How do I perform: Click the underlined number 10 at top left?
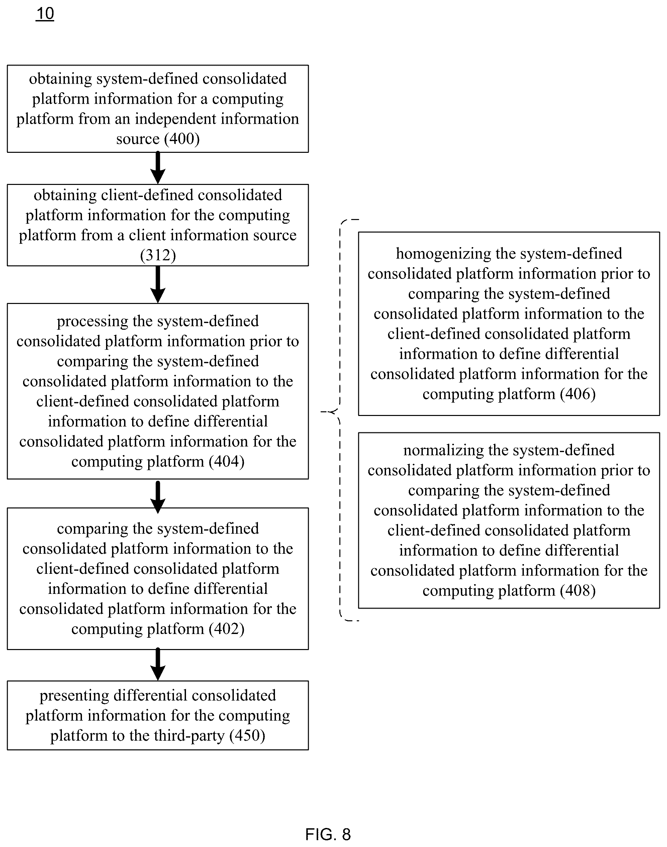(45, 14)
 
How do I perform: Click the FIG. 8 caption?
(328, 835)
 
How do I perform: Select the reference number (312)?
(158, 255)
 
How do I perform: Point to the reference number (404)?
(226, 461)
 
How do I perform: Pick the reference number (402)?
(226, 629)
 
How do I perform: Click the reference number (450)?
(247, 735)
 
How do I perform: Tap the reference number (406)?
(578, 394)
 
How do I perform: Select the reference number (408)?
(578, 591)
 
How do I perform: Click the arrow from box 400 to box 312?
(158, 168)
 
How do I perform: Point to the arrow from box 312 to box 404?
(158, 285)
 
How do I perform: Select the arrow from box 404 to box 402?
(158, 497)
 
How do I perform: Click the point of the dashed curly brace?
(321, 411)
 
